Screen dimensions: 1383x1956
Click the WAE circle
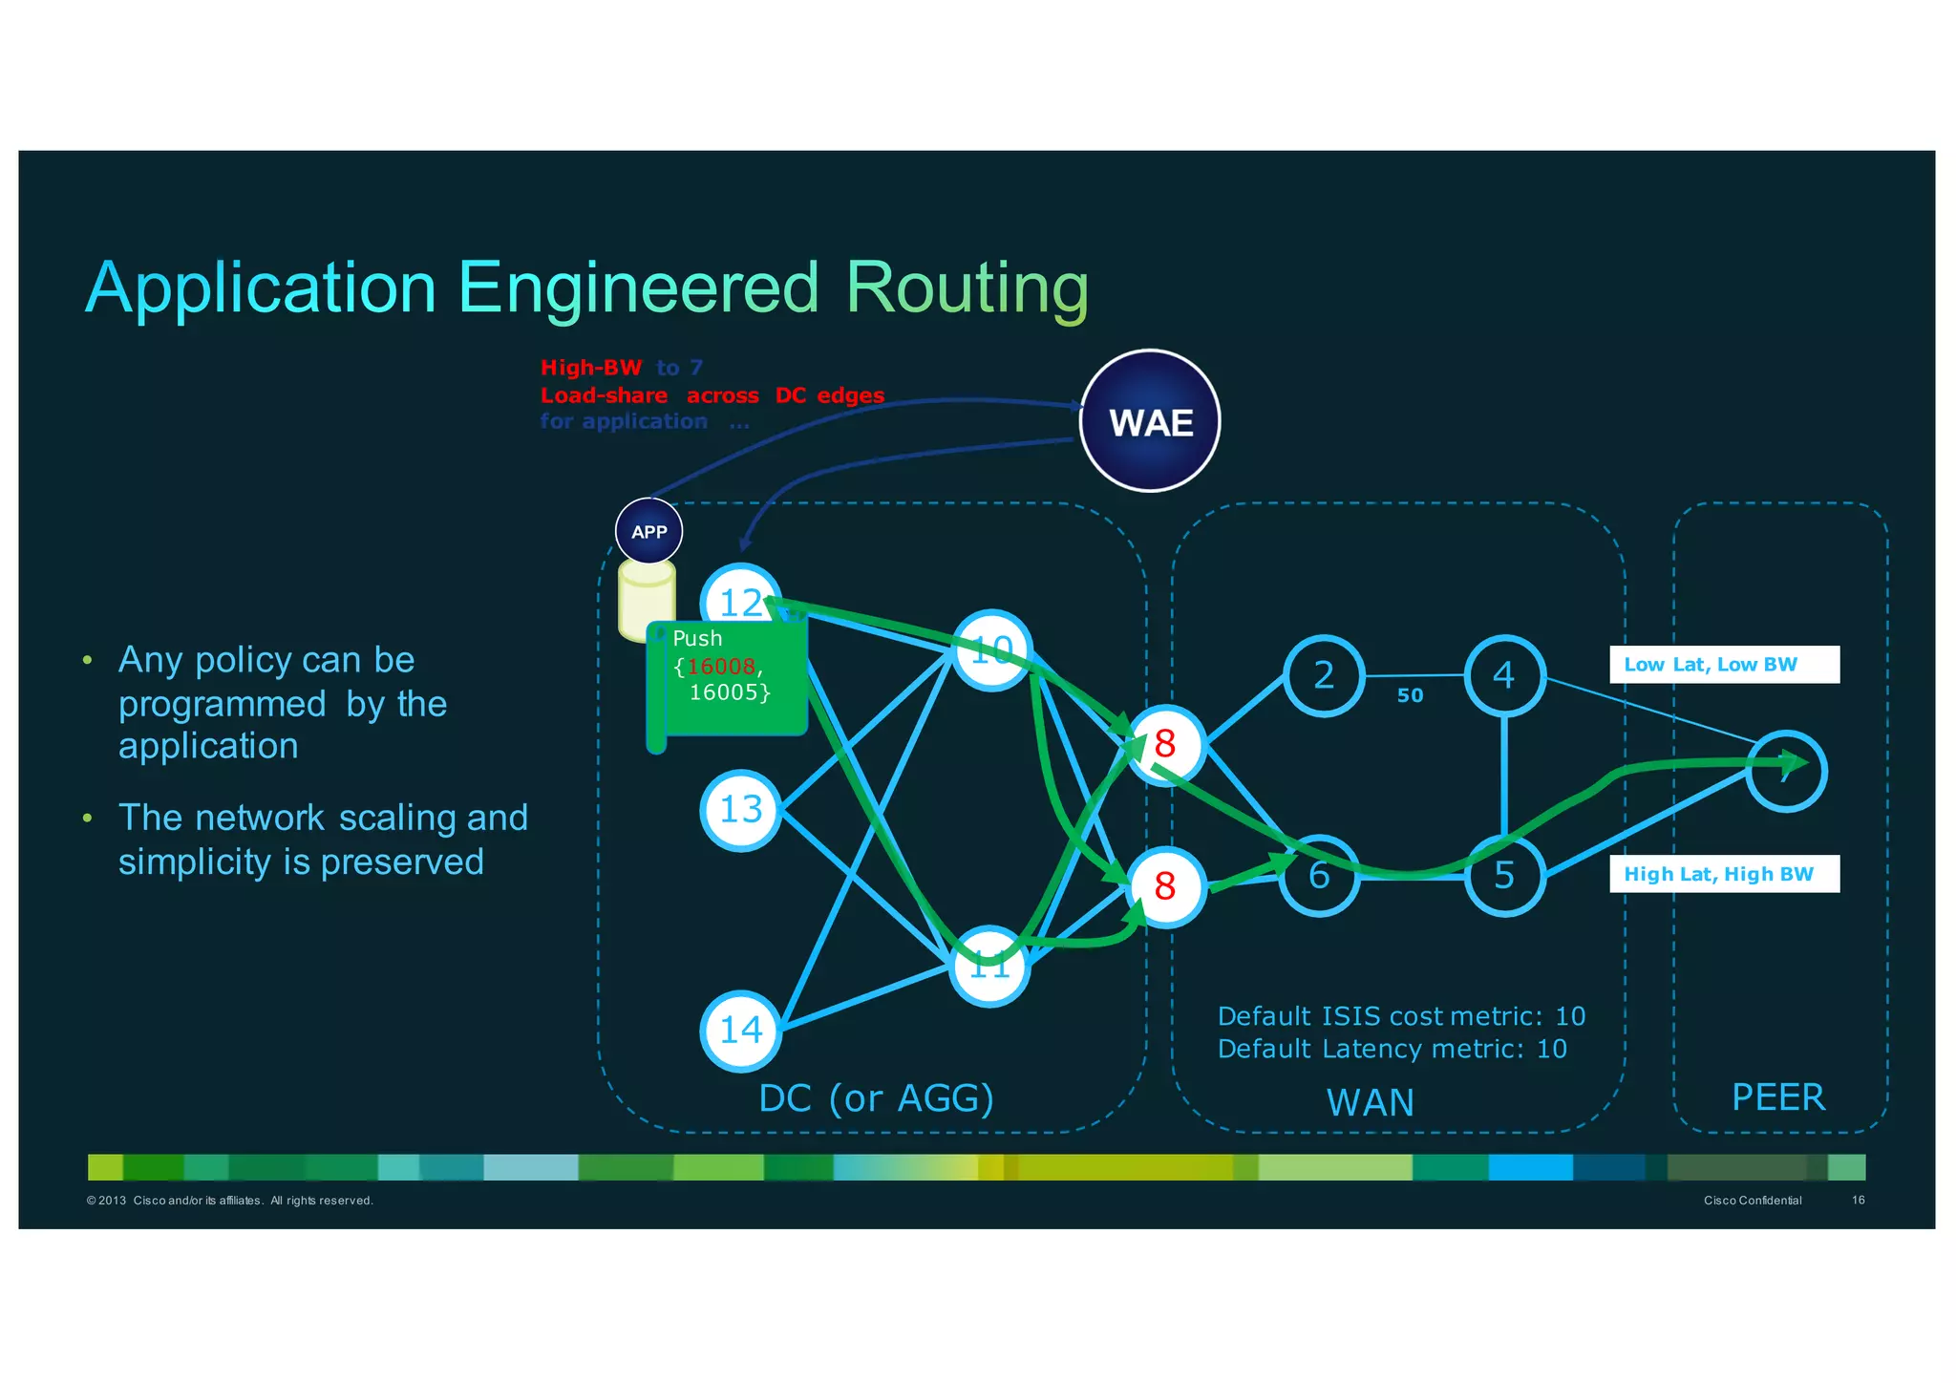1150,421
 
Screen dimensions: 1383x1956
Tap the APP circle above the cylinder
648,531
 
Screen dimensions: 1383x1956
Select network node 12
740,603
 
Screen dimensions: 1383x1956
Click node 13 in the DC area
740,810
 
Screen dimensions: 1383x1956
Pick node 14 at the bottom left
740,1030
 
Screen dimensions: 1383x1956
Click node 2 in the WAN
1323,675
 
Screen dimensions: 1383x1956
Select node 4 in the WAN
1504,675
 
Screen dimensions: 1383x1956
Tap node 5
1504,875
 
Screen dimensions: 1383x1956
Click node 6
1319,875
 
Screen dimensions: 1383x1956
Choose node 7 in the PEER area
1786,772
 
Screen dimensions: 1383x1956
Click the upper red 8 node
1165,744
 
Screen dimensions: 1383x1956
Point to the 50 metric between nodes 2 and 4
1410,696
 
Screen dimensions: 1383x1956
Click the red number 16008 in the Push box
721,667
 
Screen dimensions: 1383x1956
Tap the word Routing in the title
967,287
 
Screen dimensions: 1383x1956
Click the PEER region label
1778,1097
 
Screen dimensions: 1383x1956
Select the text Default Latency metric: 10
1392,1049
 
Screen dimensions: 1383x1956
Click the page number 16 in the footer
1858,1200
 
